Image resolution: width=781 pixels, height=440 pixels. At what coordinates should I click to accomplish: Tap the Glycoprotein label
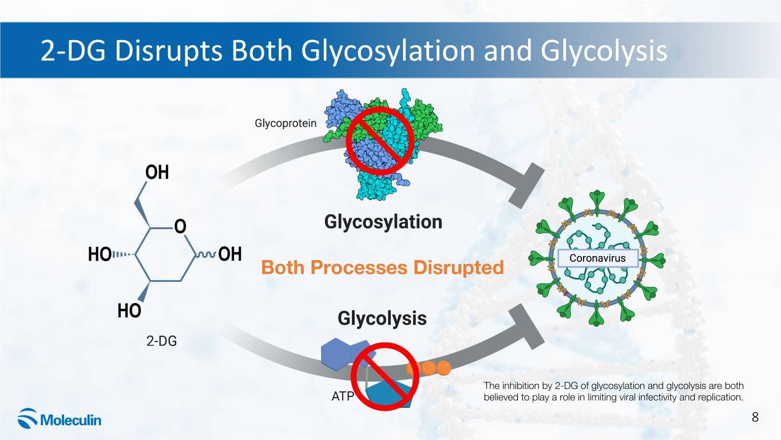285,123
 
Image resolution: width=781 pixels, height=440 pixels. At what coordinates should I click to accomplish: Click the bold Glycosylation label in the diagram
383,222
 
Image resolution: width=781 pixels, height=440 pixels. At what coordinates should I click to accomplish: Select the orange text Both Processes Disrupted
382,268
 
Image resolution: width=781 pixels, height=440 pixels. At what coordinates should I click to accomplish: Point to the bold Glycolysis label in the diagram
382,318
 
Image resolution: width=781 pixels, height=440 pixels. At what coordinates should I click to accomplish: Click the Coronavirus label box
597,258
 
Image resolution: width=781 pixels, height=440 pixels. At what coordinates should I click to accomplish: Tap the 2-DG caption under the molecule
161,341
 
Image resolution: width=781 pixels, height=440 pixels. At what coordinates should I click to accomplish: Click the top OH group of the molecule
157,173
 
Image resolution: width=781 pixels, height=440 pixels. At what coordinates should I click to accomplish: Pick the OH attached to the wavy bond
230,254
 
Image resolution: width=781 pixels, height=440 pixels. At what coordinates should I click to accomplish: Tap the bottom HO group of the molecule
129,311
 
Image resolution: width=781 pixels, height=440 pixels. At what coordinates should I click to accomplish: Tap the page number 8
755,417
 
